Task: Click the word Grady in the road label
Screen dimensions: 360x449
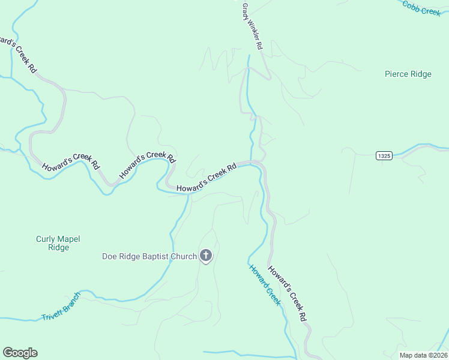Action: pos(246,10)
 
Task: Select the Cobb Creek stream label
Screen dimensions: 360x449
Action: pos(421,8)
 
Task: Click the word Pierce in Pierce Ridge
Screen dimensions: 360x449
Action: pos(396,74)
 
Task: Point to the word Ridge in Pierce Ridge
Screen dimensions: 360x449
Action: pos(420,74)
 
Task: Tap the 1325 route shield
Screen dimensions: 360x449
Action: pos(384,155)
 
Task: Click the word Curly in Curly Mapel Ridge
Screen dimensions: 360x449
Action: pos(46,239)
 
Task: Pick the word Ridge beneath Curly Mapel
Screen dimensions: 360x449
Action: pos(58,247)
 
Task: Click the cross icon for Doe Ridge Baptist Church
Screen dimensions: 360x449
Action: pos(206,256)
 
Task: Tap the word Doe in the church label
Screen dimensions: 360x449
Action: pos(109,257)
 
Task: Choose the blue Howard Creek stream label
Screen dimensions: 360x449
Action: pos(265,285)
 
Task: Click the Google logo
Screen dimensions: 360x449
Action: pos(20,353)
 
